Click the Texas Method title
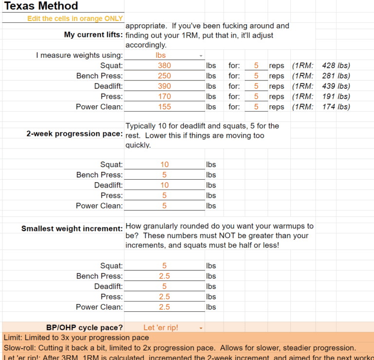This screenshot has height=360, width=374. [x=41, y=6]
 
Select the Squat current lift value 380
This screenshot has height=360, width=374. [x=165, y=66]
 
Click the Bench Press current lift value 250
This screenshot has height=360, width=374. [x=165, y=76]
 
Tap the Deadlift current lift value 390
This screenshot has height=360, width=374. [x=165, y=86]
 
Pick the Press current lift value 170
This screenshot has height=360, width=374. [x=165, y=96]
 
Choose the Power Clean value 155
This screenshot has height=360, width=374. [x=165, y=107]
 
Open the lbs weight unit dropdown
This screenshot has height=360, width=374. [x=201, y=56]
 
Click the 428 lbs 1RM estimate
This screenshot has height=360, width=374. [x=336, y=66]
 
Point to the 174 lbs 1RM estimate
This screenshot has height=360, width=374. [x=336, y=107]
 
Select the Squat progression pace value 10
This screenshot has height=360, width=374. [x=165, y=165]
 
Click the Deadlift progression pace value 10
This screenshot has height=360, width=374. [x=165, y=185]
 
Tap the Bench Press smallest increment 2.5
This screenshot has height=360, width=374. [x=165, y=276]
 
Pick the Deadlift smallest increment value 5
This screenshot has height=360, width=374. [x=165, y=286]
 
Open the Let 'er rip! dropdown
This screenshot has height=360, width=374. [x=201, y=328]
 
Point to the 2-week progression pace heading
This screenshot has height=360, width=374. [x=75, y=134]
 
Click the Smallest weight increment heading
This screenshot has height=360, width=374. [x=72, y=228]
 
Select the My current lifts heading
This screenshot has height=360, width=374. [x=93, y=35]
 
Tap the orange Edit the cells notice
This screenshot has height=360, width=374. [x=75, y=19]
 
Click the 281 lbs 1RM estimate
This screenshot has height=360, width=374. [x=336, y=76]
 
